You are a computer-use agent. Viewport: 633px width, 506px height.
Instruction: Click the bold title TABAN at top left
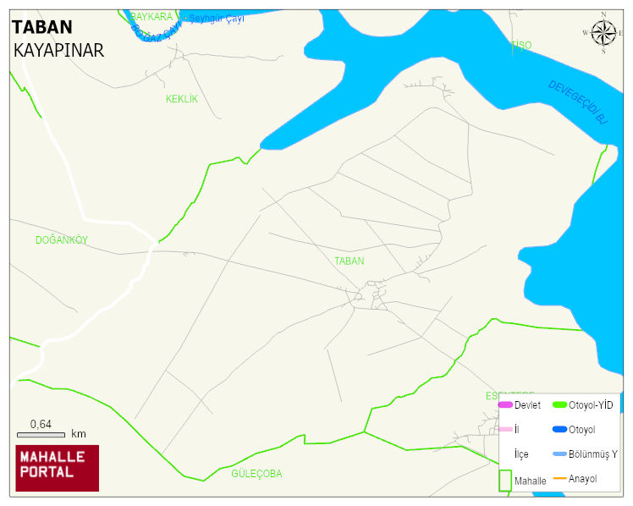tap(41, 27)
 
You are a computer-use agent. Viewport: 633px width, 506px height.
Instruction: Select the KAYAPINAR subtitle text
tap(58, 51)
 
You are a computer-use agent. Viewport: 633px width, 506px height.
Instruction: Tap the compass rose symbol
tap(603, 33)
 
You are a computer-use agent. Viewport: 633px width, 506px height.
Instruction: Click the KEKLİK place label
tap(181, 99)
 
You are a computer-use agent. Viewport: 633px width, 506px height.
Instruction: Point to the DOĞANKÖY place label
tap(61, 240)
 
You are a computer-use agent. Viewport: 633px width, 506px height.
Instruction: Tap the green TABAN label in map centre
tap(349, 261)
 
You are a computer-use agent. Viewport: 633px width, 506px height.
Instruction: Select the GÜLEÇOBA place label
tap(256, 474)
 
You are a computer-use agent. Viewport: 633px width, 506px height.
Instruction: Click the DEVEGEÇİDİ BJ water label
tap(578, 102)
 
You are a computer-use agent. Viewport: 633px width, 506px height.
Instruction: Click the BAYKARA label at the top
tap(151, 17)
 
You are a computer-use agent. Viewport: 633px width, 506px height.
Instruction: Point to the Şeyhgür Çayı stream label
tap(217, 19)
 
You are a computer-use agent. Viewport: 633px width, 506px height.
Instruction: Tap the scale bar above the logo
tap(41, 435)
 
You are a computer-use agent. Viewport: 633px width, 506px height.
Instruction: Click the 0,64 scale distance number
tap(41, 424)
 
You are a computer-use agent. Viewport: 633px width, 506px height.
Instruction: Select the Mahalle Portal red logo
tap(58, 468)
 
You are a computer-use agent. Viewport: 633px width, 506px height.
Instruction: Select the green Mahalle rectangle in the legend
tap(505, 479)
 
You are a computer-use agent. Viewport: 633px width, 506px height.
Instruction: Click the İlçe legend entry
tap(521, 454)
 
